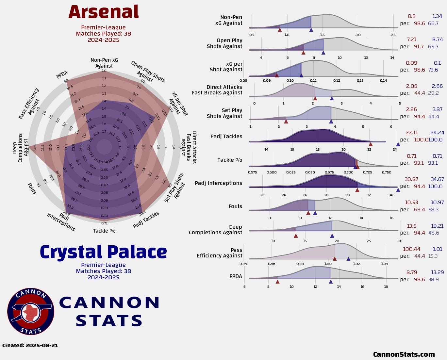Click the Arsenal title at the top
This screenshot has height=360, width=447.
104,12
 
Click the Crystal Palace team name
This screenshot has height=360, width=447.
103,252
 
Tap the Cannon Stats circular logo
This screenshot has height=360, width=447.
31,311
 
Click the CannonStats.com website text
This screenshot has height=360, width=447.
404,354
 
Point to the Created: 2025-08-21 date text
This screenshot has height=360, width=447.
30,345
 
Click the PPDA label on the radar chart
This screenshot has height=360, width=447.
62,74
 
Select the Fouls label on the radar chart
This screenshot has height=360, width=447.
32,188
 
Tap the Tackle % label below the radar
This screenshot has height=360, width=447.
104,231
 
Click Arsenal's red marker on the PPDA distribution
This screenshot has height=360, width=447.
277,281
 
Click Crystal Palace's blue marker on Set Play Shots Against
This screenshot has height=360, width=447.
331,121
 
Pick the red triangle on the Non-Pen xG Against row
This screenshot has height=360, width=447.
280,30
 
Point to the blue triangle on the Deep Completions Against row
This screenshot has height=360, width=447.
332,236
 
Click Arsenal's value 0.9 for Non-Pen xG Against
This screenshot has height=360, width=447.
412,16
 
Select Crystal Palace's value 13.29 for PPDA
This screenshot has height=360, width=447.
437,272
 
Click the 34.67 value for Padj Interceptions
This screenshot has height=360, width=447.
437,179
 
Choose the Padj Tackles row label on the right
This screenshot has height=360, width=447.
226,137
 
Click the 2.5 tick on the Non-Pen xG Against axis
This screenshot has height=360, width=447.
393,35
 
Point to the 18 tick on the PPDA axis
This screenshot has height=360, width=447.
386,287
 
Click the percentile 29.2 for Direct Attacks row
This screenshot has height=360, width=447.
433,93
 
